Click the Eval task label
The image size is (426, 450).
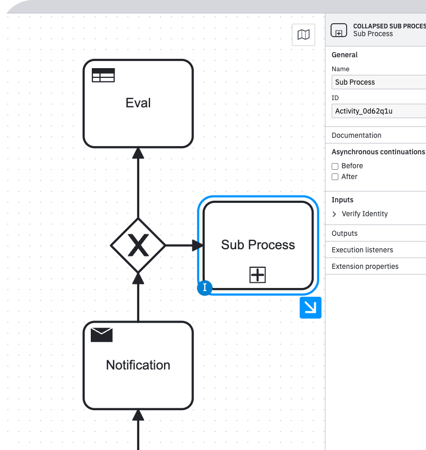tap(138, 103)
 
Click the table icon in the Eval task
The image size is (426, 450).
tap(103, 75)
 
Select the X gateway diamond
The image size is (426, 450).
tap(138, 246)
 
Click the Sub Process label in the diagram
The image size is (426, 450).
tap(258, 245)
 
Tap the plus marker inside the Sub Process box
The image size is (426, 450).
tap(257, 275)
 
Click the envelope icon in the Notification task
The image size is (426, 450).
tap(102, 335)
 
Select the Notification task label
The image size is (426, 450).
tap(138, 365)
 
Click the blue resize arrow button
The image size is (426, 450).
tap(310, 308)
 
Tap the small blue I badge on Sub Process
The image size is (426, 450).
tap(205, 288)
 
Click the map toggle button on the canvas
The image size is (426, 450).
tap(304, 35)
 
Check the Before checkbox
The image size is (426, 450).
tap(335, 166)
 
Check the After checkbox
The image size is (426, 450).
tap(335, 177)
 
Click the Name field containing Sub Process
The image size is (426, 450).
tap(379, 82)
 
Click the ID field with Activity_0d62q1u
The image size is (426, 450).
tap(379, 111)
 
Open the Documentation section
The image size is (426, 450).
tap(357, 135)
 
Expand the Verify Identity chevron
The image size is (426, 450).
tap(335, 214)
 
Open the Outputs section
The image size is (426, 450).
tap(345, 233)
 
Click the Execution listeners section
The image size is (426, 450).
tap(362, 250)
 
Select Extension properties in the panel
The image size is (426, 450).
tap(365, 266)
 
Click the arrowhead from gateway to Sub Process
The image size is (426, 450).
tap(198, 246)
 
